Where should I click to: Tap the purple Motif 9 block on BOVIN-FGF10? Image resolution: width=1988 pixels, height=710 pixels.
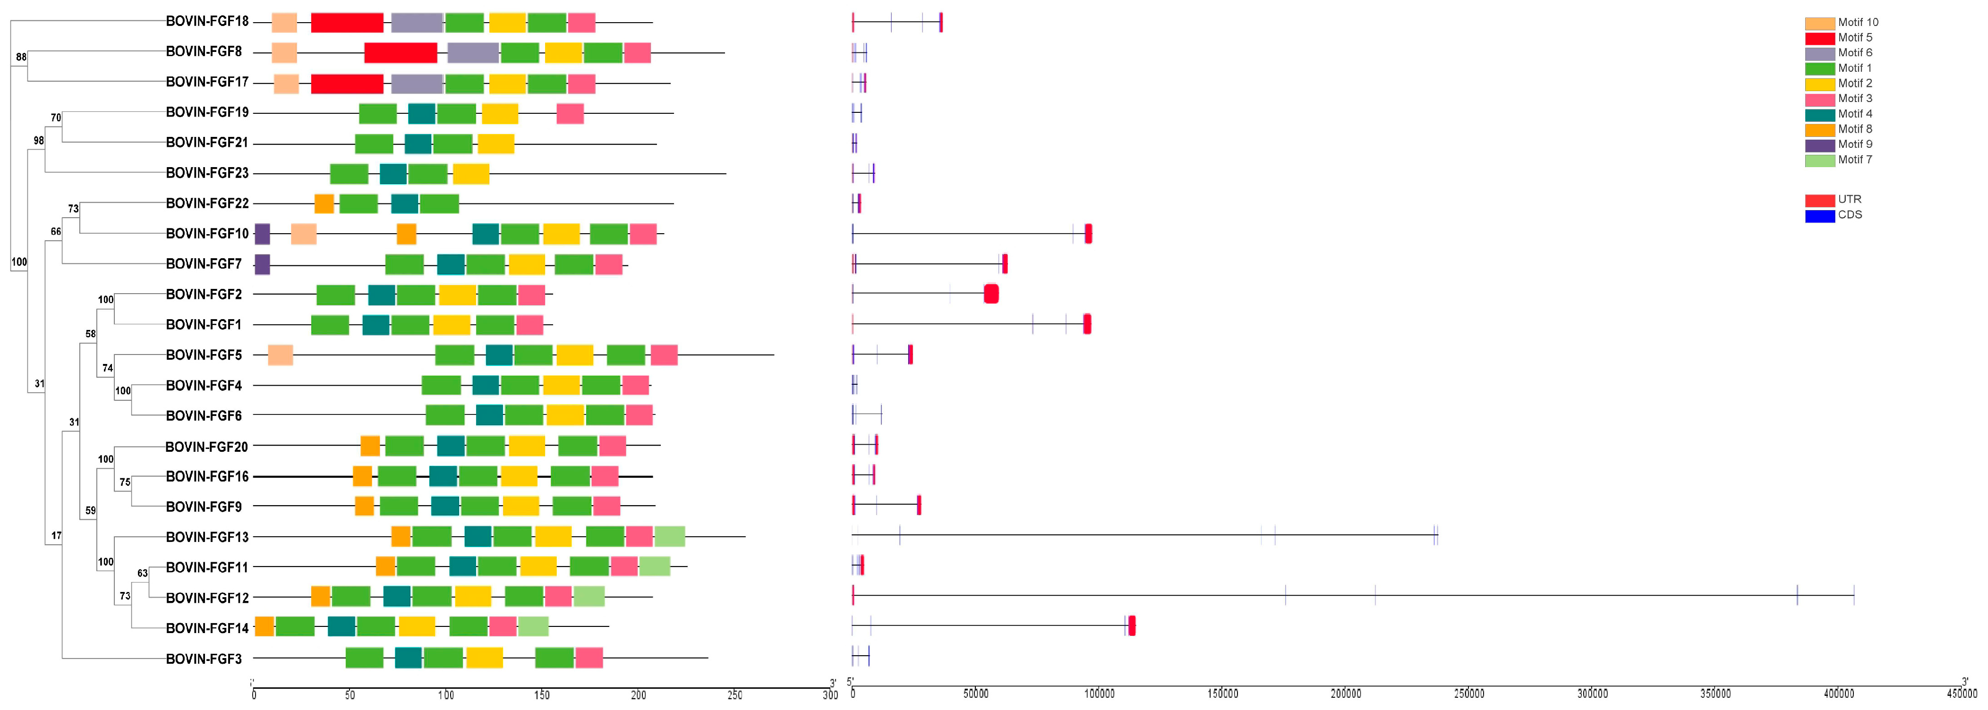coord(263,234)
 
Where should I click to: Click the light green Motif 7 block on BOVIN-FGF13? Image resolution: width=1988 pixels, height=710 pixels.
coord(669,536)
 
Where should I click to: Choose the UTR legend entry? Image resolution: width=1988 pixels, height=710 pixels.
coord(1837,200)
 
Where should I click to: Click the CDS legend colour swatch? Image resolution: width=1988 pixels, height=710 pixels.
coord(1819,215)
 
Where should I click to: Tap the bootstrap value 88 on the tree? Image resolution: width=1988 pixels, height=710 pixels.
coord(21,57)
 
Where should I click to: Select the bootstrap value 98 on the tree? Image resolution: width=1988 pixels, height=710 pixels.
coord(39,141)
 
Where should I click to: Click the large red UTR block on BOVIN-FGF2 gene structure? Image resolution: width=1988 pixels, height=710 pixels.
coord(991,294)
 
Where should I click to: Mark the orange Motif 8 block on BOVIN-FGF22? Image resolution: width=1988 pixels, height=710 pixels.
coord(324,204)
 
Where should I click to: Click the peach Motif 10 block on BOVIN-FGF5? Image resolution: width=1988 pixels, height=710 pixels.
coord(280,355)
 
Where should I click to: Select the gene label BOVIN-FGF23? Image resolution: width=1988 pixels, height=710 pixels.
coord(207,173)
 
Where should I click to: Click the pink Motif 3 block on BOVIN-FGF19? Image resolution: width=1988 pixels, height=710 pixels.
coord(570,113)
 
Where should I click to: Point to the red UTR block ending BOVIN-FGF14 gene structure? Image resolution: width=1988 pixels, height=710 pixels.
coord(1131,626)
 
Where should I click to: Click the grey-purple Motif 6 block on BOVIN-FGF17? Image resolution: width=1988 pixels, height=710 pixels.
coord(417,84)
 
